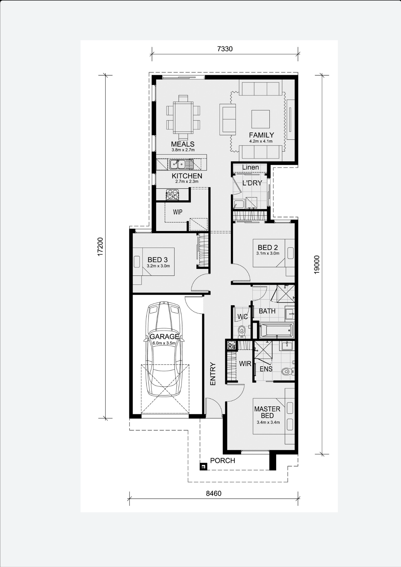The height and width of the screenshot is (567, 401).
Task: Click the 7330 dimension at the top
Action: pos(225,49)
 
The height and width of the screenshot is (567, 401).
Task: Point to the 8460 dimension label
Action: pos(214,494)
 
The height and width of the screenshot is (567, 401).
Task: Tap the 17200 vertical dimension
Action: pos(100,247)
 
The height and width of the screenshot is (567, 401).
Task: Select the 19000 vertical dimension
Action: pos(317,265)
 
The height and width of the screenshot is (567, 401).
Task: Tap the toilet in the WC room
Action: pos(242,332)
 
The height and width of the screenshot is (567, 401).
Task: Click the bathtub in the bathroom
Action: pos(277,330)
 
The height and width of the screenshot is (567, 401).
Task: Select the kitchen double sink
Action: pos(178,164)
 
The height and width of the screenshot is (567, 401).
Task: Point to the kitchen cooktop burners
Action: pos(172,194)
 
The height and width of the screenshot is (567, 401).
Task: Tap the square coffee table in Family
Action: pos(260,119)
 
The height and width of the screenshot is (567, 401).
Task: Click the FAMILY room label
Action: pos(261,135)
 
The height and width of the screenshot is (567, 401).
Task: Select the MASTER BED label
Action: pos(267,412)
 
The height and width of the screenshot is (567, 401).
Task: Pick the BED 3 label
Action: pos(158,260)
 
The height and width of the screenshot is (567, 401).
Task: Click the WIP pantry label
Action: pos(178,212)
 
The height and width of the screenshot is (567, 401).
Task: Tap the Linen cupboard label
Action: pos(250,168)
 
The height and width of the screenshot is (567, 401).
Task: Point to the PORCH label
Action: pos(223,461)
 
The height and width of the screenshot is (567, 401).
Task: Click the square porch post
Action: pos(203,467)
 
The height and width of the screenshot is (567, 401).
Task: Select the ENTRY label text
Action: pos(213,374)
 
